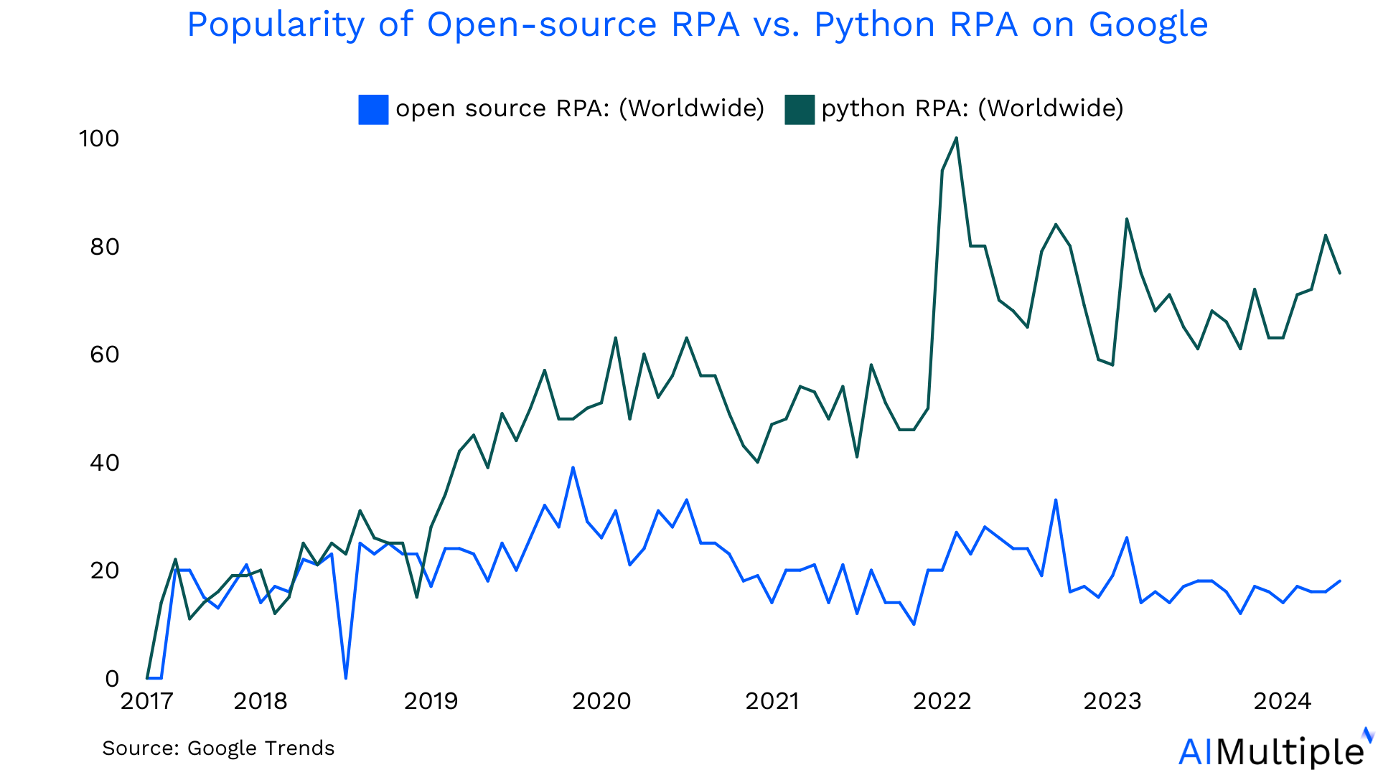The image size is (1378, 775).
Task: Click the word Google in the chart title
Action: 1148,25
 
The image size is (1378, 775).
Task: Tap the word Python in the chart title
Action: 874,25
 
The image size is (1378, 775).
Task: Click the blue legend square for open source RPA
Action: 373,109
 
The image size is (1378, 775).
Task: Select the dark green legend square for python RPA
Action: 800,109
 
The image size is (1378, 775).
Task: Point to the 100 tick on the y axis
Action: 99,138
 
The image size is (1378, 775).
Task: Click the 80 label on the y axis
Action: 105,247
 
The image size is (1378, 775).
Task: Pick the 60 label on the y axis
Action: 105,354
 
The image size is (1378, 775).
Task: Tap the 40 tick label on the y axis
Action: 105,463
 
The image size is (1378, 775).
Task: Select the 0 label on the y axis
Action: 112,679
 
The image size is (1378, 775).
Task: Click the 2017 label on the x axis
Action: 147,701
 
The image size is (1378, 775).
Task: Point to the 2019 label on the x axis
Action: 431,701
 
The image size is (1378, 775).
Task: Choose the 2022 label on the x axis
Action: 942,701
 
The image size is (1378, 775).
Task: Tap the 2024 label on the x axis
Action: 1283,701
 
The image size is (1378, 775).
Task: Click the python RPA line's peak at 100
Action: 956,138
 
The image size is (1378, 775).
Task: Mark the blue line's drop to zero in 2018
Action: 346,677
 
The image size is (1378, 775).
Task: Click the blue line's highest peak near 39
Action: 573,468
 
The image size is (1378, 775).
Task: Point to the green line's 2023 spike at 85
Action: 1127,219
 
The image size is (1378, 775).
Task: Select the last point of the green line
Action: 1339,273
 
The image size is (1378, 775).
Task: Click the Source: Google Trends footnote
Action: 218,748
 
